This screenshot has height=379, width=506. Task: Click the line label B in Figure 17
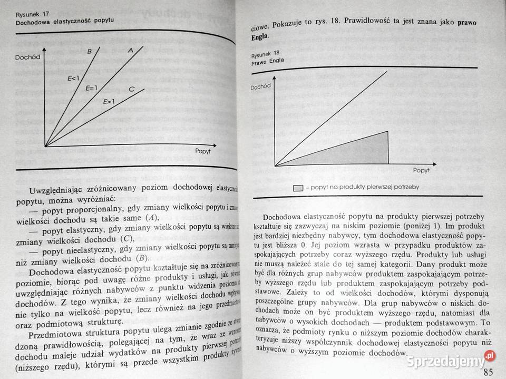pos(90,51)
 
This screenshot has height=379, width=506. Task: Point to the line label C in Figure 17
pos(131,89)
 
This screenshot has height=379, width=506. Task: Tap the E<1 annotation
pos(73,78)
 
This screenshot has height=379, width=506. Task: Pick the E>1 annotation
pos(109,101)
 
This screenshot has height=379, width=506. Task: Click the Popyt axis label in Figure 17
pos(202,151)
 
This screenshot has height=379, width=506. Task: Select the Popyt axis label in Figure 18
pos(421,170)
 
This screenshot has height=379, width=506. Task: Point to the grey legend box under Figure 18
pos(298,188)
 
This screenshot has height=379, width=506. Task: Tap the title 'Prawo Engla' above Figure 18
pos(268,62)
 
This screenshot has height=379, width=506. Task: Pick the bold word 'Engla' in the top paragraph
pos(260,37)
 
